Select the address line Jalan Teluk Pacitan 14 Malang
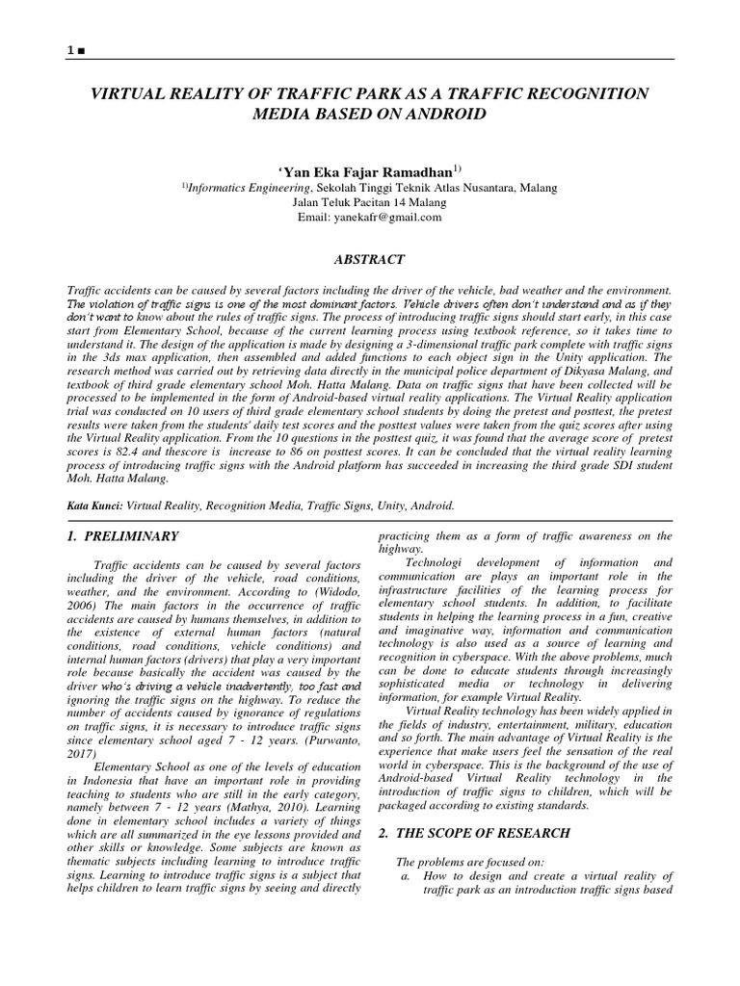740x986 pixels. click(370, 202)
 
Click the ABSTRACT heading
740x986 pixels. click(369, 259)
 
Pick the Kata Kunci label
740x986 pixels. click(92, 505)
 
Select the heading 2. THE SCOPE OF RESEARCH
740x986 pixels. click(472, 832)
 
